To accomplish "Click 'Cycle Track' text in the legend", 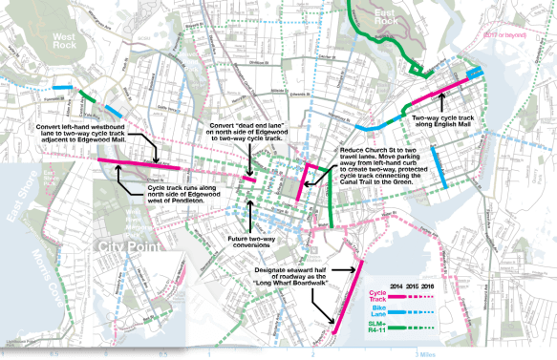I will [376, 299].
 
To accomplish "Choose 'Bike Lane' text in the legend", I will [376, 316].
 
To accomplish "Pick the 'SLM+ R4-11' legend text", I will [376, 334].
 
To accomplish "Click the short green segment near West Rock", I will [88, 95].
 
